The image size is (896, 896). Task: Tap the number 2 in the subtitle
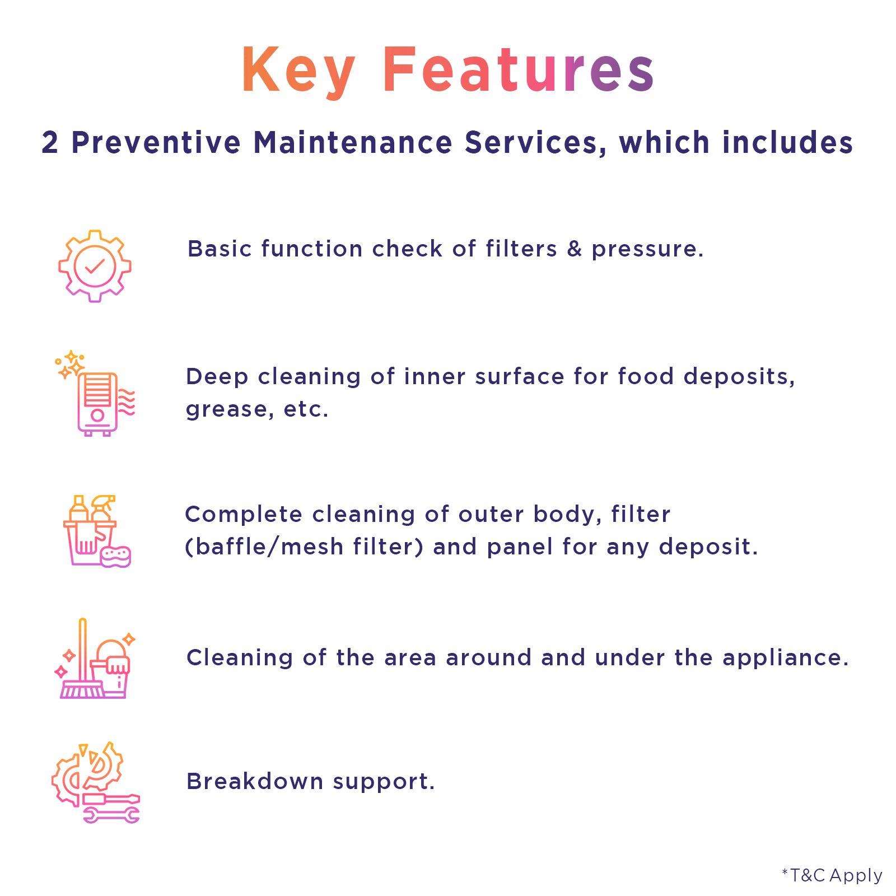coord(50,142)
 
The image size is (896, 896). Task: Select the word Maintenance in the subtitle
coord(353,142)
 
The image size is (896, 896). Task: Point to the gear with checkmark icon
coord(95,266)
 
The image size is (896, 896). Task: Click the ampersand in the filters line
coord(575,249)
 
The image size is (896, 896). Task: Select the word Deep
coord(217,377)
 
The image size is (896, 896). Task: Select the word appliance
coord(785,659)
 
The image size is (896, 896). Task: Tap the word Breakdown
coord(255,781)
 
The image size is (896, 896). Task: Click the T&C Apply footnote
coord(832,875)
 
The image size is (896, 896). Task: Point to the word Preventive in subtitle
coord(156,142)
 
